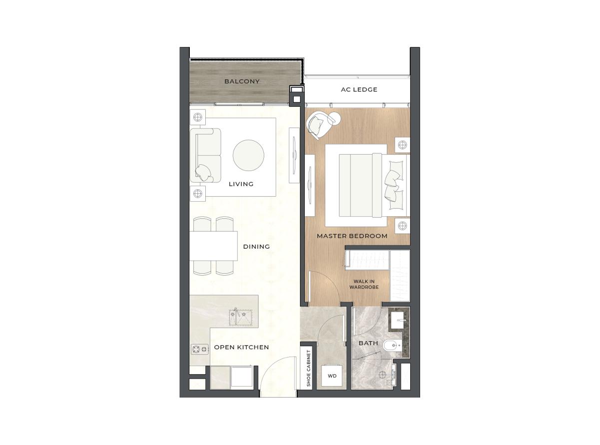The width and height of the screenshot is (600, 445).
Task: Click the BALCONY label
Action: coord(242,81)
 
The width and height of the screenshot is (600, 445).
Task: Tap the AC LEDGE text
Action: coord(359,89)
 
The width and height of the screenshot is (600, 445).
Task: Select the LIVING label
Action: coord(241,184)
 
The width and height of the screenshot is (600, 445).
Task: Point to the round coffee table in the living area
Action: coord(248,155)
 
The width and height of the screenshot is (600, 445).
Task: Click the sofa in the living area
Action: coord(206,155)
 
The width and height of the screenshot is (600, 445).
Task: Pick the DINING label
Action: coord(256,246)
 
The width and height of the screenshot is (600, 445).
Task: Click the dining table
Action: coord(213,246)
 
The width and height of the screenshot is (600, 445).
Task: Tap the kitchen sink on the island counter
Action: coord(241,317)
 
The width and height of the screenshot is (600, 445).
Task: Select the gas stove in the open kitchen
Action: coord(200,349)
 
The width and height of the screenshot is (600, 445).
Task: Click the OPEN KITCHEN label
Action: coord(242,347)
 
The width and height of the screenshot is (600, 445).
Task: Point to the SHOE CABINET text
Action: coord(309,368)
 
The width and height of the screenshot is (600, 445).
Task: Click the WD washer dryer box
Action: coord(332,376)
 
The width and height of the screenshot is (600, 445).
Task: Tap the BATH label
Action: coord(368,343)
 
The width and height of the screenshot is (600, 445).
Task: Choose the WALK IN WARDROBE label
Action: coord(364,284)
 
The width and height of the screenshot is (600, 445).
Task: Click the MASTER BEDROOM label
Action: coord(352,236)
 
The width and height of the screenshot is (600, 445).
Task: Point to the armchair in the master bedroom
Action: coord(322,125)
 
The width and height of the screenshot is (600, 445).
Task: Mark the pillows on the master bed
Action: coord(394,185)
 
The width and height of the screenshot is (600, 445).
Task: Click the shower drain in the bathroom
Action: coord(382,375)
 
